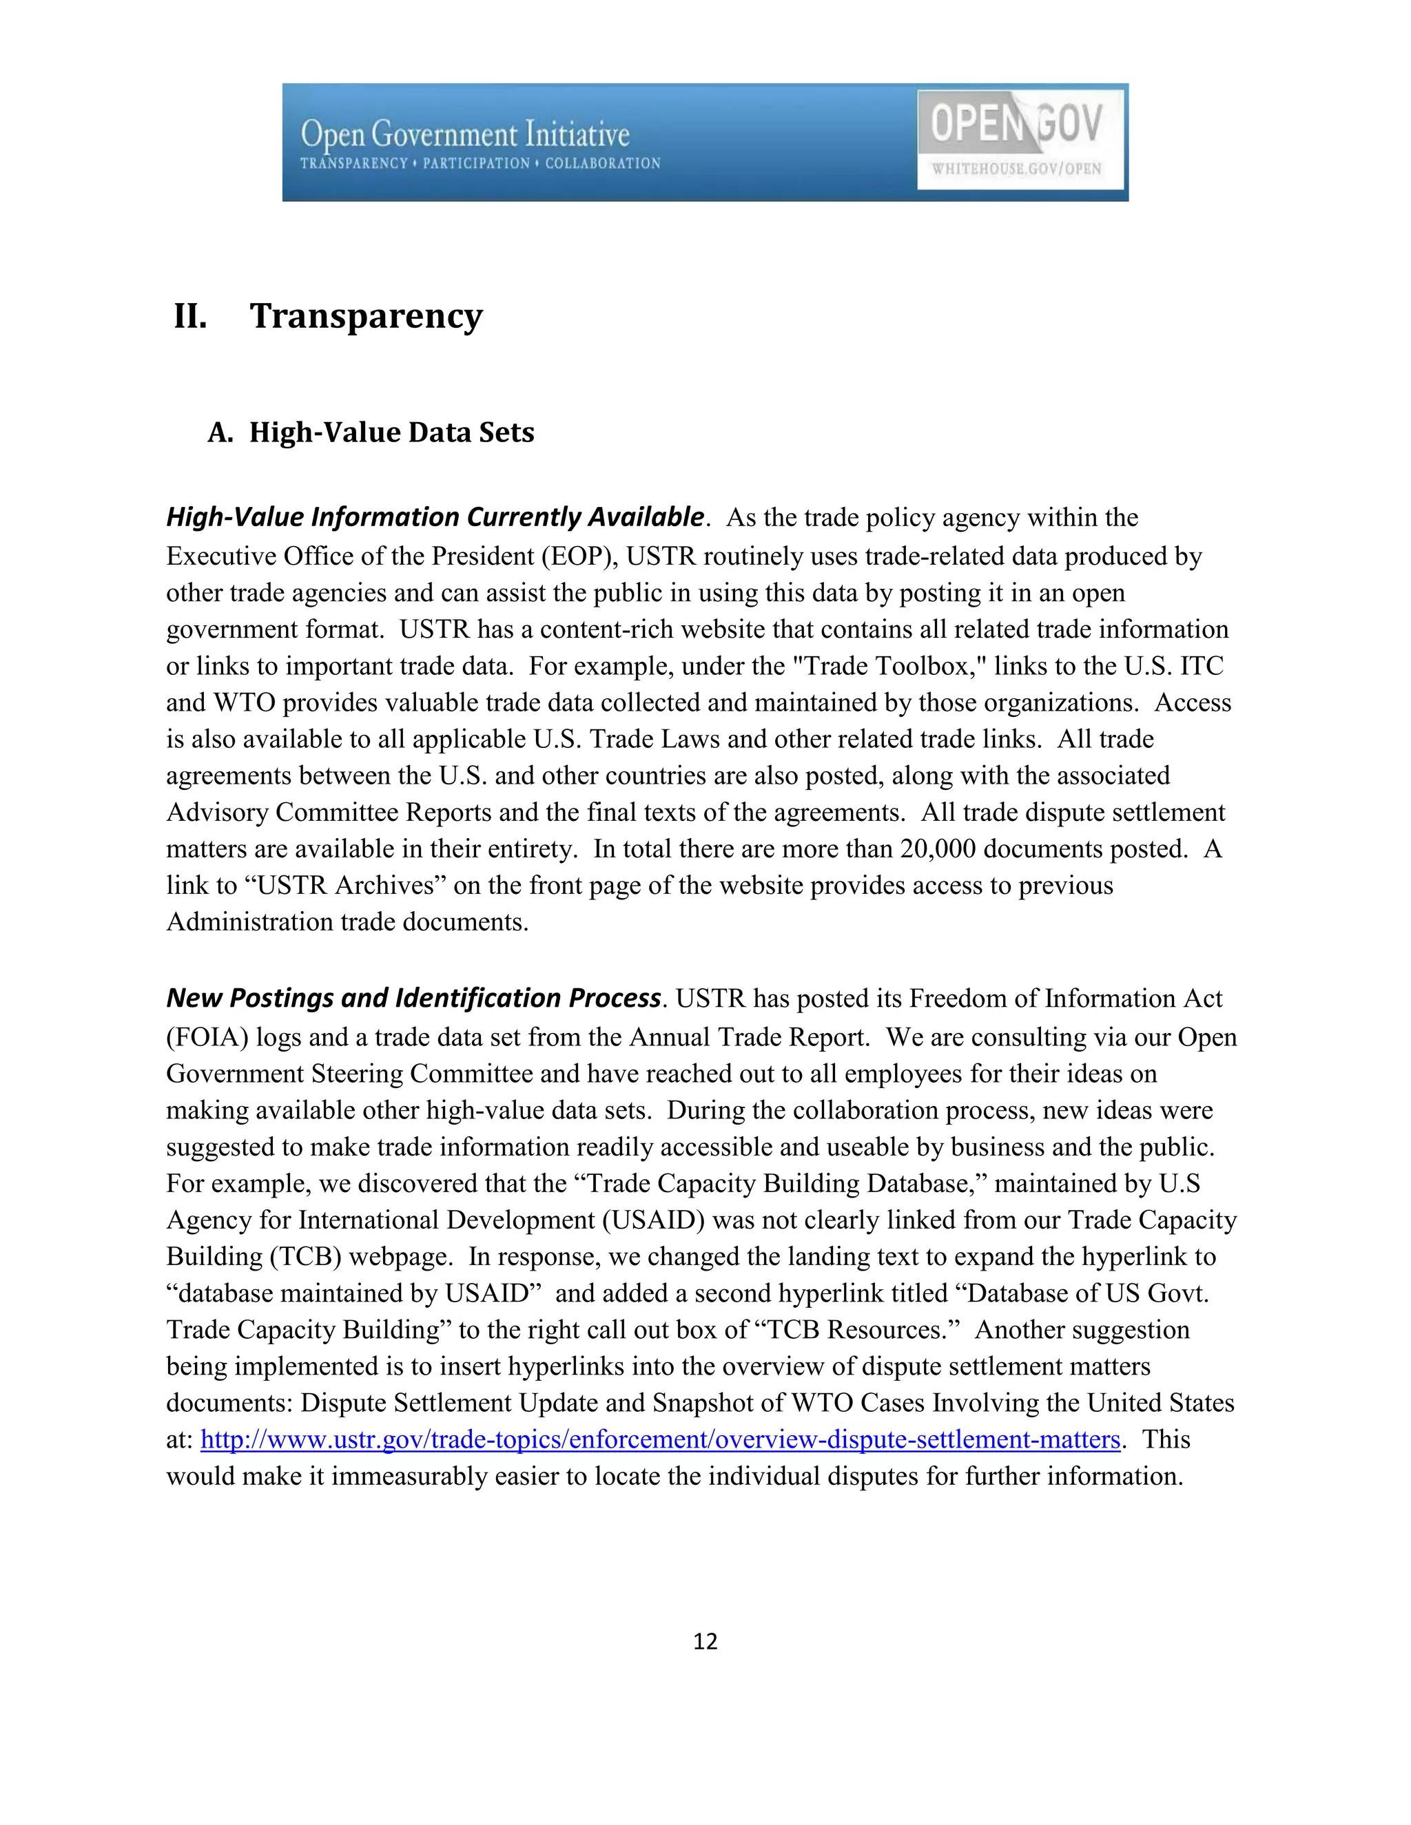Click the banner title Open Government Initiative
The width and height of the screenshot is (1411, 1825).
[x=465, y=134]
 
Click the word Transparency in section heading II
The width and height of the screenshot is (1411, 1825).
[x=366, y=316]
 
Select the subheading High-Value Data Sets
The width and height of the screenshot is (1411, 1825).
[x=391, y=432]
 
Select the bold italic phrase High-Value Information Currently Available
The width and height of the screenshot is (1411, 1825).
[x=435, y=517]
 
